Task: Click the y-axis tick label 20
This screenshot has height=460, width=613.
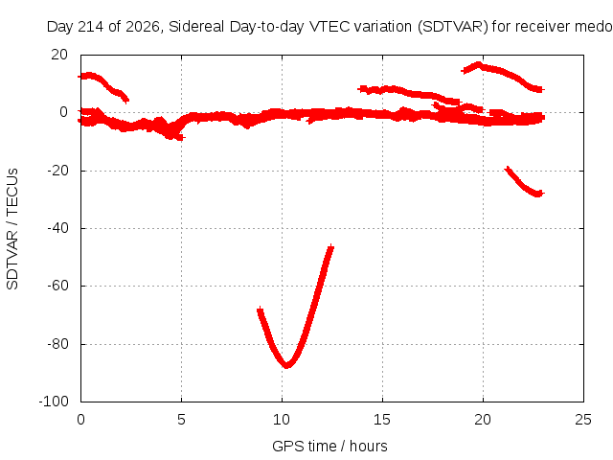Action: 59,55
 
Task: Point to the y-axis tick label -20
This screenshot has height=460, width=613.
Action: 57,171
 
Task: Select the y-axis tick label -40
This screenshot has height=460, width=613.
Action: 57,228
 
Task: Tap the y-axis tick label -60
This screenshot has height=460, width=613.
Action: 57,286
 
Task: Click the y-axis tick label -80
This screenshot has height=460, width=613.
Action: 57,344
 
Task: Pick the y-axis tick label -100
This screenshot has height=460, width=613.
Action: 54,402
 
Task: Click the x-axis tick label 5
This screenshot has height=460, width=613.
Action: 181,420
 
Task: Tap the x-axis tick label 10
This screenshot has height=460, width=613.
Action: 282,420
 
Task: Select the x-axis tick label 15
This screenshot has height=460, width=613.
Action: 382,420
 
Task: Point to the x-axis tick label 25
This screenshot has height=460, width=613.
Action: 583,420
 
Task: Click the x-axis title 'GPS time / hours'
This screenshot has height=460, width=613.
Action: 329,447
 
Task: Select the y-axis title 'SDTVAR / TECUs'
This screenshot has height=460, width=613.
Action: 12,229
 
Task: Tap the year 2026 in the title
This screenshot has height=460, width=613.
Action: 143,27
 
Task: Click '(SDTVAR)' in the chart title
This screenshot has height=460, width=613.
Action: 453,27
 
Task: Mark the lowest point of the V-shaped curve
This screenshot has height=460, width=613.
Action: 287,365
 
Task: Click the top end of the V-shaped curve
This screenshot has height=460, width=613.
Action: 331,247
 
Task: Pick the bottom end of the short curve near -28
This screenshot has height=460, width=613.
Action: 539,194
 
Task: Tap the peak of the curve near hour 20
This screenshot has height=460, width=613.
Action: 478,64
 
